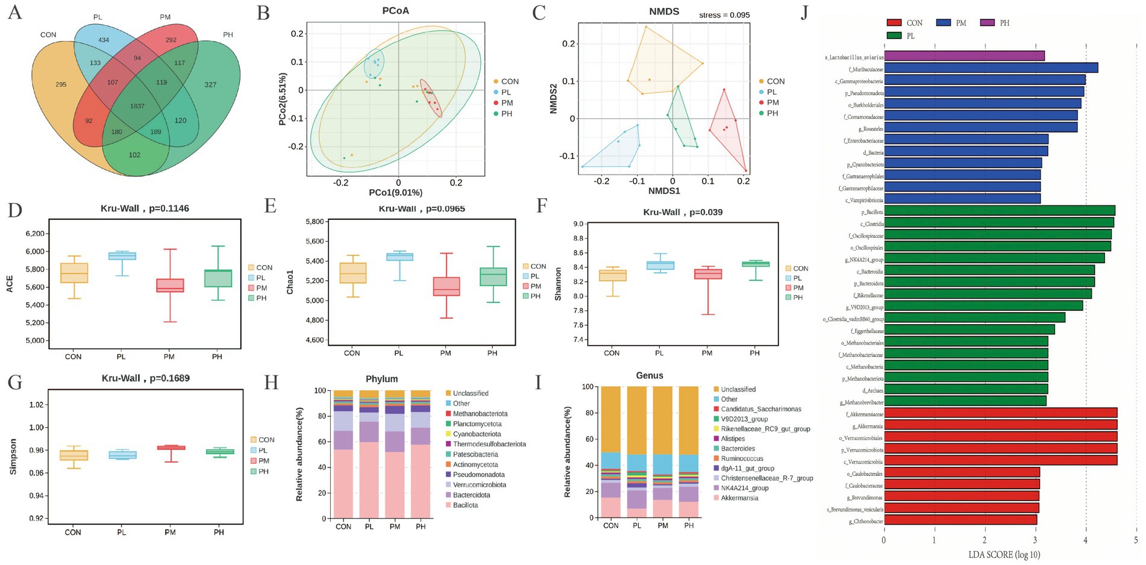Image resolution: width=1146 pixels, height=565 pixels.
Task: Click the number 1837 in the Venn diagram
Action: [x=137, y=106]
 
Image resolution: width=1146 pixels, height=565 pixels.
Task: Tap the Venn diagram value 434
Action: [x=104, y=40]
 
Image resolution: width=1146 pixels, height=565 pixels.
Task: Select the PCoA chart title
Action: [x=395, y=11]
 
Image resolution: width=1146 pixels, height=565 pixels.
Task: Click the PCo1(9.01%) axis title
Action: [x=395, y=193]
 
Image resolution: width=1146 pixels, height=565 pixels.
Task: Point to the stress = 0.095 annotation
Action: [x=724, y=15]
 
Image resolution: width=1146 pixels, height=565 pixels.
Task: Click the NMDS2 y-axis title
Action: [x=554, y=99]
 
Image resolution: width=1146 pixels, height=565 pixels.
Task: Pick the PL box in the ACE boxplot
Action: [x=121, y=256]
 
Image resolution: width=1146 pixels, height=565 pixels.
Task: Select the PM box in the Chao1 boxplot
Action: [x=446, y=286]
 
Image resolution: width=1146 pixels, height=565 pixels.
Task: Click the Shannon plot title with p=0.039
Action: [x=682, y=212]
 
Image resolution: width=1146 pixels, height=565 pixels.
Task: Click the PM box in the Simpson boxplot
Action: [x=171, y=448]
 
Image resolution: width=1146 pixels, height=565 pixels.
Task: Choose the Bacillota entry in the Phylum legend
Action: [x=465, y=505]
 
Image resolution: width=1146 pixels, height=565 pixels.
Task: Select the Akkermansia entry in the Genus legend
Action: [x=739, y=498]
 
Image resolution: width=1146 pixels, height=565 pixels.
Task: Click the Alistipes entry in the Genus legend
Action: [x=733, y=439]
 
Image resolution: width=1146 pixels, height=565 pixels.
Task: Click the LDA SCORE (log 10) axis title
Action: [x=1004, y=555]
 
